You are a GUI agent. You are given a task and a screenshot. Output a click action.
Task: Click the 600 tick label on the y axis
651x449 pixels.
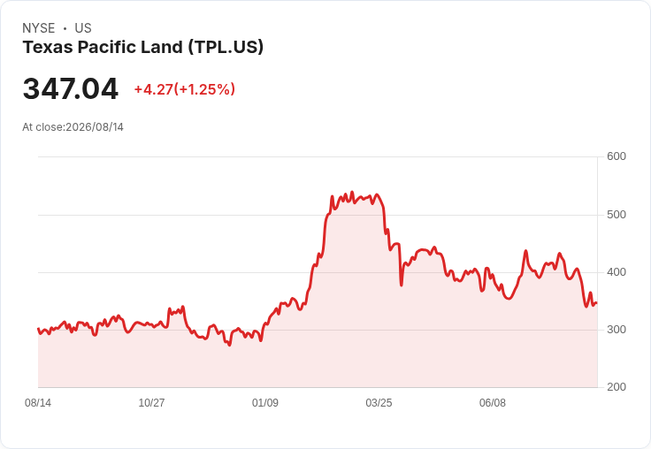[x=617, y=156]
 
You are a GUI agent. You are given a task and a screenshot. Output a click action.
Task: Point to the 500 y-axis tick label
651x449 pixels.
[x=617, y=215]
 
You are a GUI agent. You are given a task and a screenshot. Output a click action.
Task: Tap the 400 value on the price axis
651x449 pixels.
[x=617, y=272]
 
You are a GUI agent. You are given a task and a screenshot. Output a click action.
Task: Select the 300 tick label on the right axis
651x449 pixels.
[x=617, y=330]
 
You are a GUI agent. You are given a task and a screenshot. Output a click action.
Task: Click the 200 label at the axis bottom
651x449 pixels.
[x=617, y=387]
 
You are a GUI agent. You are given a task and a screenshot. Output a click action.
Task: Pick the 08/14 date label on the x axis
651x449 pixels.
[x=38, y=403]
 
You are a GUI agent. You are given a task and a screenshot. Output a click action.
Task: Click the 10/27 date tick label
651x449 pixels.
[x=151, y=403]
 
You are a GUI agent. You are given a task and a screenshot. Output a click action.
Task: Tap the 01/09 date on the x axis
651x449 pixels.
[x=264, y=403]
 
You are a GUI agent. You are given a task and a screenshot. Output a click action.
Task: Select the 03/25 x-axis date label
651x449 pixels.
[x=379, y=403]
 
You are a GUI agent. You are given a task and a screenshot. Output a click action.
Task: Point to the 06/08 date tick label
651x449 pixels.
[x=493, y=403]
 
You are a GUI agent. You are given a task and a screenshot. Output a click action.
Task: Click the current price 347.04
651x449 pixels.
[x=71, y=88]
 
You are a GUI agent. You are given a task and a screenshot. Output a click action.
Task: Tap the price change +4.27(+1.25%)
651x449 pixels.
[x=184, y=89]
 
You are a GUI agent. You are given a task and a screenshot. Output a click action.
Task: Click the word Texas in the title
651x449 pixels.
[x=48, y=47]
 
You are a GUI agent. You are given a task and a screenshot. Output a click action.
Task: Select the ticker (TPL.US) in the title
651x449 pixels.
[x=226, y=48]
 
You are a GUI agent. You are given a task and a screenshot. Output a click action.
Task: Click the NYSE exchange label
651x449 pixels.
[x=39, y=28]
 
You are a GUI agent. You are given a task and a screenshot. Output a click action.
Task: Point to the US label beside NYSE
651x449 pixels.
[x=83, y=28]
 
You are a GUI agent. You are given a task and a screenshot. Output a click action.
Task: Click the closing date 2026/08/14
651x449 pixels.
[x=95, y=127]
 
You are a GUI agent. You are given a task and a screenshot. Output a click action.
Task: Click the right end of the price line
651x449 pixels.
[x=597, y=303]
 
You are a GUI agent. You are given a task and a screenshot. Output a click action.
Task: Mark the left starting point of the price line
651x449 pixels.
[x=38, y=329]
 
